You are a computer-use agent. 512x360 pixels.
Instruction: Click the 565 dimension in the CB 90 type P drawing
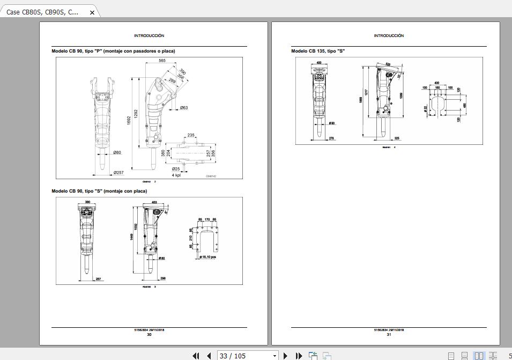[162, 61]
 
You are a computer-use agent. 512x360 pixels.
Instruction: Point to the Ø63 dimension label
[184, 108]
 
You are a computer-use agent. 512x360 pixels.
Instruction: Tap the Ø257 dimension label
[118, 173]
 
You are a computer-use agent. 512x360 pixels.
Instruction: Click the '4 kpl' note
[176, 175]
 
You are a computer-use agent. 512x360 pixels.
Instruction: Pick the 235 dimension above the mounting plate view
[191, 135]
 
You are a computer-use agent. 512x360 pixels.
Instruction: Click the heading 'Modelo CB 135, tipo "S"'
[318, 51]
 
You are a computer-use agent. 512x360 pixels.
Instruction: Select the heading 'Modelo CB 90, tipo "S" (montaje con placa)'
[99, 191]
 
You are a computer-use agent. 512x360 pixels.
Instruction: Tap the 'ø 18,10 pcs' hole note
[207, 257]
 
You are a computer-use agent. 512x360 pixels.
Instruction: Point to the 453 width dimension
[154, 202]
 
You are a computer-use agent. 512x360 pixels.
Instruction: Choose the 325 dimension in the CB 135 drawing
[397, 138]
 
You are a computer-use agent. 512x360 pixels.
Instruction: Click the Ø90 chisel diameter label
[332, 123]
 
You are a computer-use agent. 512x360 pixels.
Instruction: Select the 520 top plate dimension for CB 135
[388, 64]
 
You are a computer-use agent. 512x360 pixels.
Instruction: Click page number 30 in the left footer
[149, 335]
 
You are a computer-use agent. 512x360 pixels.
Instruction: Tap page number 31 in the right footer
[389, 335]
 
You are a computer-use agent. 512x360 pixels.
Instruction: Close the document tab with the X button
[92, 12]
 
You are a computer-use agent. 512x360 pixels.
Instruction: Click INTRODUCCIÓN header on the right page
[389, 35]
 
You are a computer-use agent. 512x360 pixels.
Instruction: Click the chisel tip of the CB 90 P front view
[102, 171]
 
